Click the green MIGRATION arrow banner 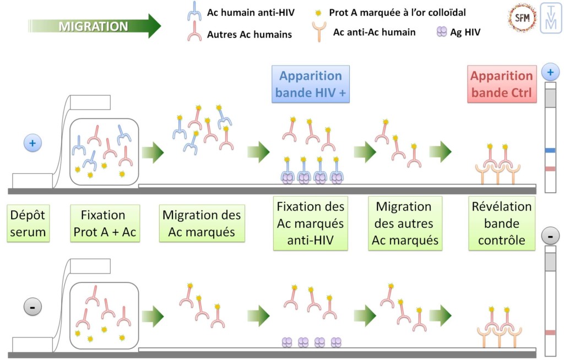pos(94,26)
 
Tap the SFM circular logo pos(522,18)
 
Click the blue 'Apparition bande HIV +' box pos(311,84)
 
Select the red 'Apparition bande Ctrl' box pos(501,84)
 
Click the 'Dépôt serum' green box pos(28,223)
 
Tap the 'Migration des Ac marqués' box pos(202,223)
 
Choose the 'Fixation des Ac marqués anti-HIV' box pos(311,223)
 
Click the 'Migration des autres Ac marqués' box pos(405,223)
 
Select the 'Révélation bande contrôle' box pos(501,223)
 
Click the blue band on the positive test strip pos(550,150)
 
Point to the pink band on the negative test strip pos(550,332)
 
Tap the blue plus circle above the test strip pos(550,72)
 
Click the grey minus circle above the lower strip pos(550,237)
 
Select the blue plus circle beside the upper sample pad pos(32,143)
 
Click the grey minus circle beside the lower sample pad pos(32,307)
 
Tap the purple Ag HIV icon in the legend pos(442,32)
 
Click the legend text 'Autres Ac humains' pos(249,35)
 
